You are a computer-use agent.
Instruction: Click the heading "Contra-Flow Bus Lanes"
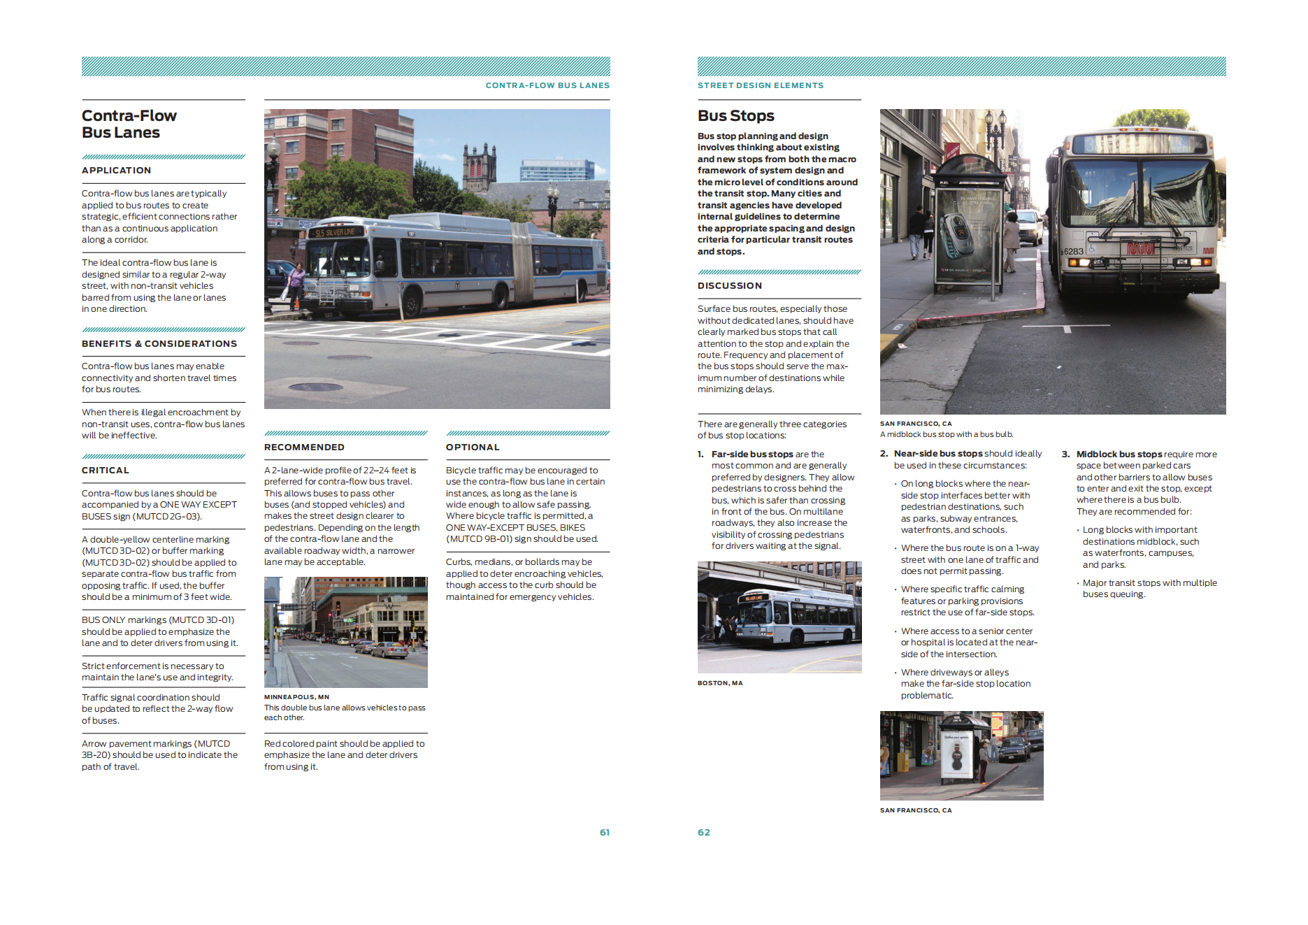(x=129, y=124)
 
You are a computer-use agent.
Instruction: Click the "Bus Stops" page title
(x=735, y=115)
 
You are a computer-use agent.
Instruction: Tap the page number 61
(x=604, y=832)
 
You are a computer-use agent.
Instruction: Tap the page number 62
(x=703, y=832)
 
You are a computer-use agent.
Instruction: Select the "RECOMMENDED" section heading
(x=304, y=447)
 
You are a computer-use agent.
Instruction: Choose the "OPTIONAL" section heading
(x=473, y=447)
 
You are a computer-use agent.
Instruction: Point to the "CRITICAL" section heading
(x=105, y=470)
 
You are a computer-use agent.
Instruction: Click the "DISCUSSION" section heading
(x=729, y=285)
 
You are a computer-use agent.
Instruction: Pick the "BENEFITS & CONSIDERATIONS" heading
(x=159, y=343)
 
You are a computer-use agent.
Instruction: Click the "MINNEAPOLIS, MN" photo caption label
(x=296, y=696)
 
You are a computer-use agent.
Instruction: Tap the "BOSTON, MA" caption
(x=719, y=682)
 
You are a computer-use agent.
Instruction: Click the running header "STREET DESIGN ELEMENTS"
(x=760, y=85)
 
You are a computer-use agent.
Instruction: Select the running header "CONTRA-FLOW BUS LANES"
(x=547, y=85)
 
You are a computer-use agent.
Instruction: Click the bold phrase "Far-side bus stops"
(x=752, y=454)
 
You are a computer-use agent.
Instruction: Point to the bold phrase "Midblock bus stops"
(x=1119, y=454)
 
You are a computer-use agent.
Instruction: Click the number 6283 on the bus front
(x=1073, y=251)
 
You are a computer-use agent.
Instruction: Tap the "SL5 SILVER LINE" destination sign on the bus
(x=335, y=232)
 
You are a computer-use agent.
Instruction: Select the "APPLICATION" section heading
(x=116, y=170)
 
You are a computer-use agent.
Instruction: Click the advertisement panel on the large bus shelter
(x=968, y=238)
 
